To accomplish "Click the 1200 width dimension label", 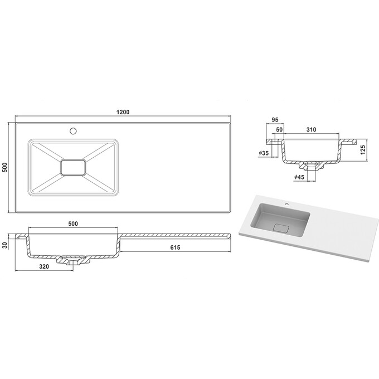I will coord(123,112).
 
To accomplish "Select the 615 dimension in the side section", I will coord(177,247).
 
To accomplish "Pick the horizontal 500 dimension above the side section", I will coord(72,223).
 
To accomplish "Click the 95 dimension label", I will coord(274,118).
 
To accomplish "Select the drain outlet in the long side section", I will coord(72,261).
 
